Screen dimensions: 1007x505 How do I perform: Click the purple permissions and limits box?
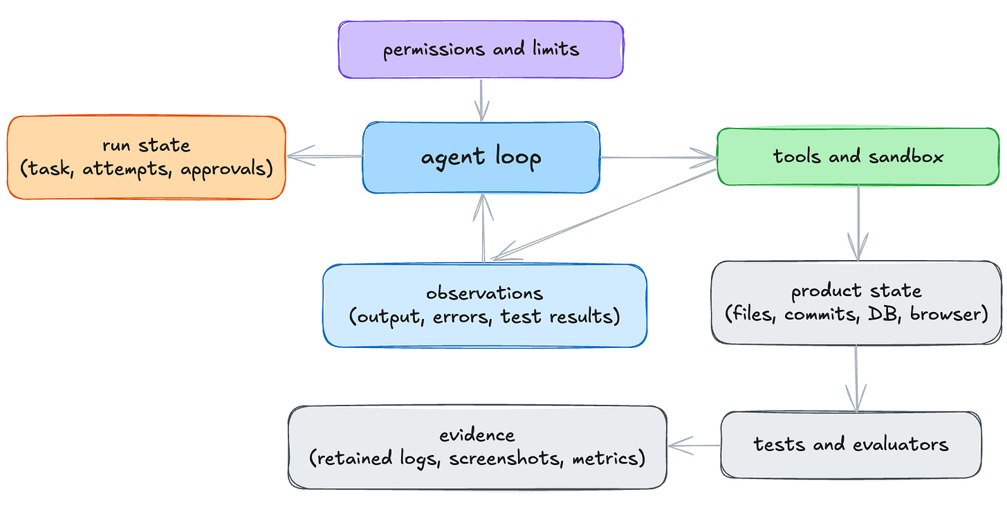click(481, 50)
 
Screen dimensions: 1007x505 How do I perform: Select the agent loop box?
click(481, 158)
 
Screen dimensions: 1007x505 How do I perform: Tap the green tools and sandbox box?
click(858, 156)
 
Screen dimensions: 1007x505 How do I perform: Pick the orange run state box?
click(147, 158)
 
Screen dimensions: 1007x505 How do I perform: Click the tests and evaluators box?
click(851, 445)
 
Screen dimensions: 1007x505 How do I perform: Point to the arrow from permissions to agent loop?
click(481, 100)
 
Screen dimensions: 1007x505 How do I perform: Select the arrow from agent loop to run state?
click(324, 156)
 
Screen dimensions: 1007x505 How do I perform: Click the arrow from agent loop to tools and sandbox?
click(658, 158)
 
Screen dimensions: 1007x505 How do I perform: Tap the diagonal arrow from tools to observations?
click(604, 214)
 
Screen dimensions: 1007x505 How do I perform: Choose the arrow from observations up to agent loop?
click(483, 228)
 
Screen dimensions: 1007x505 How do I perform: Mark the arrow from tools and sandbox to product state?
click(858, 223)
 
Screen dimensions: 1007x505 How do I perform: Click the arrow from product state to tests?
click(856, 378)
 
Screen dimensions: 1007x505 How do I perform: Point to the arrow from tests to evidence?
click(694, 446)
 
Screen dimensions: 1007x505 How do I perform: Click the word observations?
click(485, 293)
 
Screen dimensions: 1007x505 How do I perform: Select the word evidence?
click(477, 435)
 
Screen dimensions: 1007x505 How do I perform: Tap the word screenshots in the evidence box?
click(506, 458)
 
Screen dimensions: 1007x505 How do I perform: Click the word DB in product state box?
click(885, 314)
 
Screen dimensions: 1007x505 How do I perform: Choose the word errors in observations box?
click(462, 317)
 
